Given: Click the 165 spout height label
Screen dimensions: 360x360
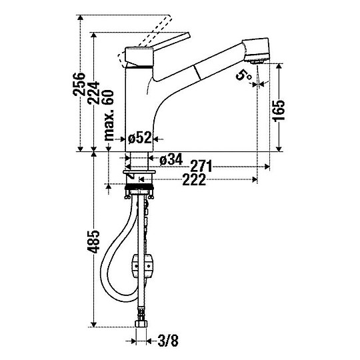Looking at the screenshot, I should [279, 111].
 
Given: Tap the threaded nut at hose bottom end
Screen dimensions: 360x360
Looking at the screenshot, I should [140, 326].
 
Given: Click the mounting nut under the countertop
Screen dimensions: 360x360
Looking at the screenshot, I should [140, 191].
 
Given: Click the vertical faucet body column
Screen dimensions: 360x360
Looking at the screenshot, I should [140, 107].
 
